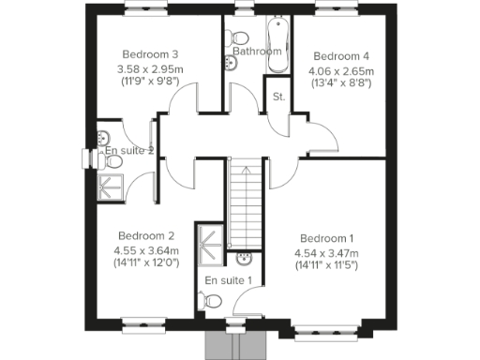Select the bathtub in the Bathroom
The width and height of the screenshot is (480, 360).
273,37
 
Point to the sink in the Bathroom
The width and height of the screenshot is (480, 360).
231,62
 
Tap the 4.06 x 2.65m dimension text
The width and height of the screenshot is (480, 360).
342,70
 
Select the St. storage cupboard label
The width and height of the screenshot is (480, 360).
278,97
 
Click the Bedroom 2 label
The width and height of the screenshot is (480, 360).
146,235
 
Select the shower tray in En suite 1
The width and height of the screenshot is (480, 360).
210,238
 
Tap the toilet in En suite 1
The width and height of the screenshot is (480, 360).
213,302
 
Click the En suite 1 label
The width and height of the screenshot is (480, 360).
229,280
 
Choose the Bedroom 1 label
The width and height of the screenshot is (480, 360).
327,237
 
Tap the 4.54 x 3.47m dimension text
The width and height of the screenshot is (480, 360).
327,252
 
